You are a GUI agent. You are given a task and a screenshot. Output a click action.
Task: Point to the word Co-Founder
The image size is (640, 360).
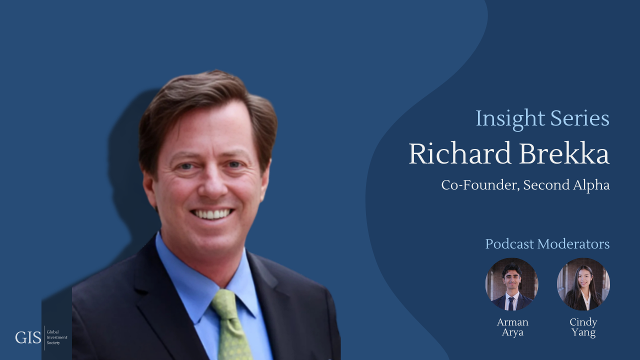[480, 185]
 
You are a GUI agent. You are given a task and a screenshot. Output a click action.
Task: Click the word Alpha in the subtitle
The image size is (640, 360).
[592, 185]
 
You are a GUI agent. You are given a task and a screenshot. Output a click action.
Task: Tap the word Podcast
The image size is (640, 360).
[509, 244]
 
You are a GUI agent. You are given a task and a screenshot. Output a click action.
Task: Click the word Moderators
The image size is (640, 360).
[573, 244]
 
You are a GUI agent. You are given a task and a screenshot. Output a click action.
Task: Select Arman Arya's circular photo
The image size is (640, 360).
[511, 284]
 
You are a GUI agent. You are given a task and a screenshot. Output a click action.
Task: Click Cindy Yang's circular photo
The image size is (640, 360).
[583, 284]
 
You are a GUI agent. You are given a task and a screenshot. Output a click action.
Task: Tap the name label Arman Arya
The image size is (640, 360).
[512, 327]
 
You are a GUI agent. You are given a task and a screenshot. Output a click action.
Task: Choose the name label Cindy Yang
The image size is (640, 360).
[583, 327]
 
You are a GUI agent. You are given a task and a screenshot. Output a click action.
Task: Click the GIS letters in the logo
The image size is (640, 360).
[28, 338]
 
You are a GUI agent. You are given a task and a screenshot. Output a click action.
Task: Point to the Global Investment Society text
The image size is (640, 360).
[53, 337]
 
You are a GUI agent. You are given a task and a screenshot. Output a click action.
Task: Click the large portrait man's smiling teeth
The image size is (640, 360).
[212, 214]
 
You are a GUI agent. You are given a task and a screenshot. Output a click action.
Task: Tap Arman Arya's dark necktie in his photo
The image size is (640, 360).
[510, 303]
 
